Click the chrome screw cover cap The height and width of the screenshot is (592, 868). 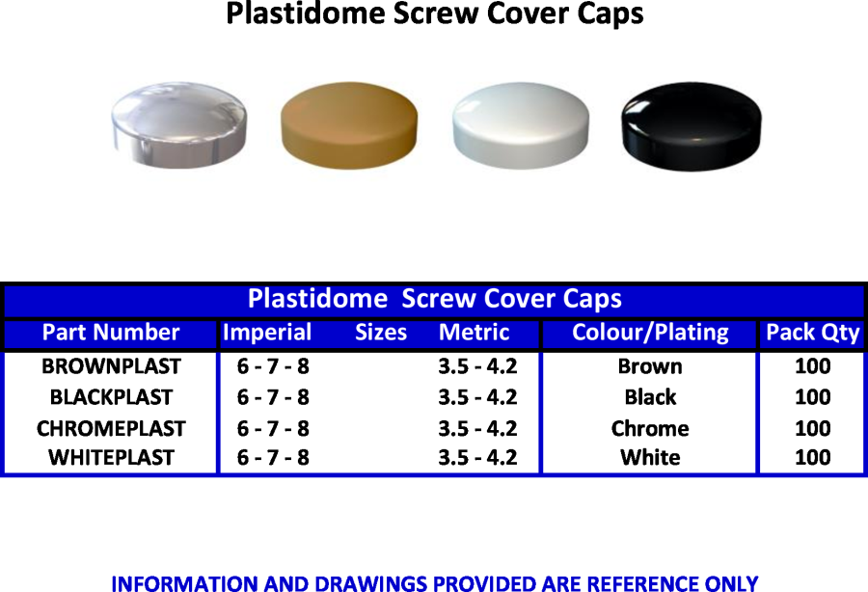click(178, 124)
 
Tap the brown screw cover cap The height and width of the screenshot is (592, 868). click(349, 125)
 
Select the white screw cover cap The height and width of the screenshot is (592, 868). click(521, 125)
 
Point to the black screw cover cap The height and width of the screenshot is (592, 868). click(692, 126)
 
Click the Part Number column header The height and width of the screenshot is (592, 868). click(111, 333)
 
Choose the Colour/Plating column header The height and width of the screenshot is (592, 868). click(650, 333)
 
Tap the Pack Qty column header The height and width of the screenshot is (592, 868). click(813, 333)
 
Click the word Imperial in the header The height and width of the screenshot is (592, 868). click(267, 333)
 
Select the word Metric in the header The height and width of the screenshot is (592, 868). click(474, 333)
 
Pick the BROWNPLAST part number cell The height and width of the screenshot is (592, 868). click(111, 366)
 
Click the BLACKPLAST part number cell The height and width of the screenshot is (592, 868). click(111, 397)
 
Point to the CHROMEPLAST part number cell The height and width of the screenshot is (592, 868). click(111, 429)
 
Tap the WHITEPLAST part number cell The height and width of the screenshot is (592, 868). click(111, 458)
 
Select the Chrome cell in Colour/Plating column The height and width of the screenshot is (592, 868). click(650, 429)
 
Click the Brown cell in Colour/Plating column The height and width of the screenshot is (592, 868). click(650, 366)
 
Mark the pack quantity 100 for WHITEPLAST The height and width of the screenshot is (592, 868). click(813, 458)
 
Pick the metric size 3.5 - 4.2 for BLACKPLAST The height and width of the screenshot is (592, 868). click(477, 397)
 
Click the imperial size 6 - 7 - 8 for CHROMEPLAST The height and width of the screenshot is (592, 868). click(273, 429)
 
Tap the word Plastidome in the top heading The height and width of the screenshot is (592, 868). click(306, 13)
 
